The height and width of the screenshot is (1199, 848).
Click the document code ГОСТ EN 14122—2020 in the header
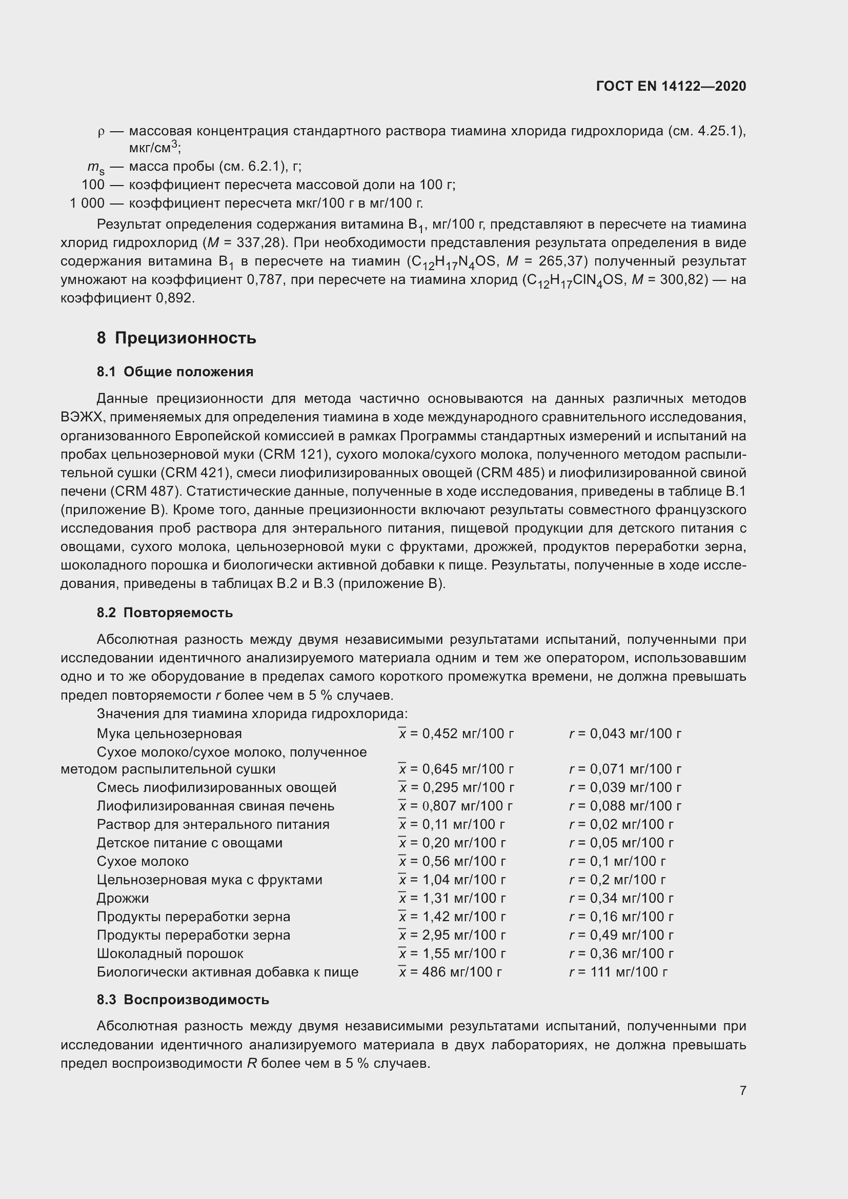(671, 86)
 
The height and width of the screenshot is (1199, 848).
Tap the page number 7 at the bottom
(742, 1090)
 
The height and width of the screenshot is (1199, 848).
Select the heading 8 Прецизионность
(176, 338)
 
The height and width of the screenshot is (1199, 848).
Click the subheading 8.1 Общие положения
(175, 372)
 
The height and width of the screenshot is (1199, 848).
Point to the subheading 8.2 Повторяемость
(165, 613)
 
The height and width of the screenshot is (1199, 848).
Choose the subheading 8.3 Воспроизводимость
(183, 1000)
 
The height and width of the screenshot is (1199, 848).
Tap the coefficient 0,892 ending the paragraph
(175, 298)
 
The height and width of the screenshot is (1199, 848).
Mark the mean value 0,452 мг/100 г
(457, 734)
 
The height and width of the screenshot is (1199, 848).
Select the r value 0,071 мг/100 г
(625, 769)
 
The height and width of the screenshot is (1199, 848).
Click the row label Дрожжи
(123, 898)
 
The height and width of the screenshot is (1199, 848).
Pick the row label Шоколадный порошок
(170, 953)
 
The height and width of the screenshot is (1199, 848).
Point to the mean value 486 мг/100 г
(451, 972)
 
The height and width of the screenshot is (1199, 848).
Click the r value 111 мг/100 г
(619, 972)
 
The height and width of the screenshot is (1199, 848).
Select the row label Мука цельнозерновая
(169, 734)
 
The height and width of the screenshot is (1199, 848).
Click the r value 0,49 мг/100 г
(621, 935)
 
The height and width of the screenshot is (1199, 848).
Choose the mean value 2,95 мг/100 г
(453, 935)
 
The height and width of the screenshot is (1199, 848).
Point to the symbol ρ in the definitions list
(101, 132)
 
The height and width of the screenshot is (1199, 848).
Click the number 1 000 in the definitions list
(87, 203)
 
